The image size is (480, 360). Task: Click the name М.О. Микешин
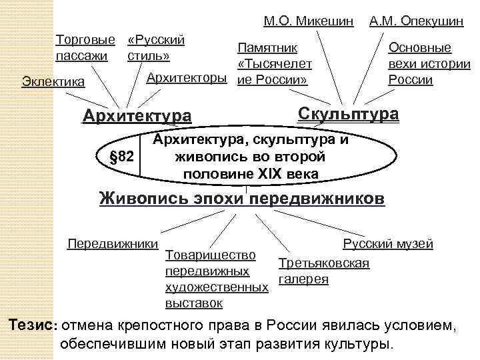tap(308, 21)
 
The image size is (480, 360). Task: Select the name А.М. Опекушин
tap(417, 21)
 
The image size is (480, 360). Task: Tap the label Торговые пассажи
tap(83, 47)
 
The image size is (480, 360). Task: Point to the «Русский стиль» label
tap(155, 47)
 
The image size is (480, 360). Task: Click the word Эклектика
tap(53, 82)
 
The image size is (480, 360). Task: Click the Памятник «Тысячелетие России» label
tap(272, 64)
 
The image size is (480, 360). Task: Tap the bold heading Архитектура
tap(136, 116)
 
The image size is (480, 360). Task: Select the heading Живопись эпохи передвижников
tap(241, 199)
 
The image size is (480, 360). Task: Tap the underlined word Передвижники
tap(113, 243)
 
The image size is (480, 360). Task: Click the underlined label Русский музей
tap(388, 243)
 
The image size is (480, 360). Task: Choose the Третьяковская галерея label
tap(323, 271)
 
